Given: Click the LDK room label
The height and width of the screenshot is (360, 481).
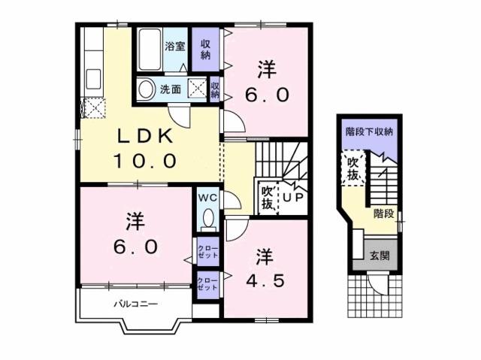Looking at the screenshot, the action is tap(146, 136).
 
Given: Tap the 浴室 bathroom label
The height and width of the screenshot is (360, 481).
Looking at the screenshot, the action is tap(175, 47).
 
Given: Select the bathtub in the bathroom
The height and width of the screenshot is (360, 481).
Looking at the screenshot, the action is tap(150, 50).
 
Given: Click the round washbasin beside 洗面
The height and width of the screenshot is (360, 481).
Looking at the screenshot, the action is tap(146, 89).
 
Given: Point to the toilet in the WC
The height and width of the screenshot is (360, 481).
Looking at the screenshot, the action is tap(210, 219).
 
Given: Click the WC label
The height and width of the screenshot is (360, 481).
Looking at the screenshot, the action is tap(207, 198).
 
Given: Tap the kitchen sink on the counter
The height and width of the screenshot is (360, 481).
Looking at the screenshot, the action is tap(93, 79).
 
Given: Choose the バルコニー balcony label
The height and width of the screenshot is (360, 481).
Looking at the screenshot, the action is tap(136, 304).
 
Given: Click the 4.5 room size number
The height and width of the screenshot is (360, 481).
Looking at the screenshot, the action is tap(266, 280).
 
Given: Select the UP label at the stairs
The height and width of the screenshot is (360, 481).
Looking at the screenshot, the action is tap(293, 198).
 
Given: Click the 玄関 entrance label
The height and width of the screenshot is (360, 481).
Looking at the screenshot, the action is tap(380, 256).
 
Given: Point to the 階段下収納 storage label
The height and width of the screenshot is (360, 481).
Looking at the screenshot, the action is tap(369, 132).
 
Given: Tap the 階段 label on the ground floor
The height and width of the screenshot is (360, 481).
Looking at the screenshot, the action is tap(383, 213).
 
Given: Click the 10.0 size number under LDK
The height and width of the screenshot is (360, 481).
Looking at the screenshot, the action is tap(145, 161).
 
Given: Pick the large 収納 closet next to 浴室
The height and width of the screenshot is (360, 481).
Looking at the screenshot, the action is tap(205, 50).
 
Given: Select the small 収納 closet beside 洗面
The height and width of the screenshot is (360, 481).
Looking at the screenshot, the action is tap(215, 89).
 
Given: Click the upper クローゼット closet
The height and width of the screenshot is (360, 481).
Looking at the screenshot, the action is tap(207, 252).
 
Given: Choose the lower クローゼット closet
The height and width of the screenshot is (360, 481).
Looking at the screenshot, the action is tap(207, 285).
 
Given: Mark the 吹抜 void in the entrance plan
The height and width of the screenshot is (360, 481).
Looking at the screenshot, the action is tap(353, 168).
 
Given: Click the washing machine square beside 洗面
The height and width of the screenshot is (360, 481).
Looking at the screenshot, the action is tap(197, 88).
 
